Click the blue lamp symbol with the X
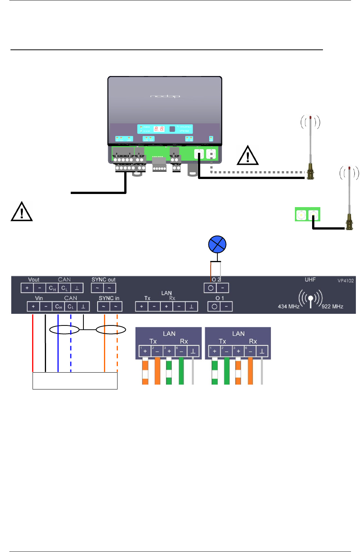pos(217,245)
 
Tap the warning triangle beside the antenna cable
pos(248,156)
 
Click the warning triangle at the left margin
pos(22,212)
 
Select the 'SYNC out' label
pos(103,280)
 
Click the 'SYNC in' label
pos(109,298)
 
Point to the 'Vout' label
pos(34,280)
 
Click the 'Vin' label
pos(39,298)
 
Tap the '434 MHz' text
pos(289,306)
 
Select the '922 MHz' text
pos(332,306)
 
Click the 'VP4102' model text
pos(345,281)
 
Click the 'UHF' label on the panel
pos(310,280)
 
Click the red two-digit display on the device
pos(159,129)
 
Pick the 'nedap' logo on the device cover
pos(165,96)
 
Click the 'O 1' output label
pos(220,298)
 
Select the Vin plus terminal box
pos(33,306)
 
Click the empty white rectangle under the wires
pos(75,381)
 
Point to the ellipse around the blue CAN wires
pos(64,330)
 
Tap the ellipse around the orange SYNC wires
pos(111,330)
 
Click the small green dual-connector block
pos(307,215)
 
